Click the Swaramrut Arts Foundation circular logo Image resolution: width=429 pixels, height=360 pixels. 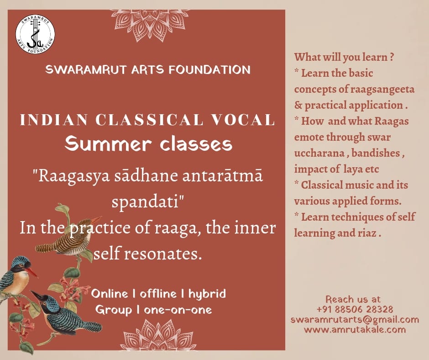(35, 34)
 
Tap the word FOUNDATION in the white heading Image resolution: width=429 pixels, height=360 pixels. (209, 69)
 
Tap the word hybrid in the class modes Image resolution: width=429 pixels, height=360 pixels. (207, 294)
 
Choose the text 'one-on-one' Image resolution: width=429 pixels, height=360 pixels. (178, 310)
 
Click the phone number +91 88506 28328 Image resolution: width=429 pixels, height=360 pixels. (355, 309)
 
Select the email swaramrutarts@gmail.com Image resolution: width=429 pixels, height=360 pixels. (355, 319)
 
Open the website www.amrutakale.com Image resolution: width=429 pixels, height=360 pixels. (355, 329)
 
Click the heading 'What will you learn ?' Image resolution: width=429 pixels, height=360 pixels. (344, 57)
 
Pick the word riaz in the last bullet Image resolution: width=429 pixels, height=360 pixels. (367, 233)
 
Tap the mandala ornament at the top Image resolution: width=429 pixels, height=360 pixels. (150, 25)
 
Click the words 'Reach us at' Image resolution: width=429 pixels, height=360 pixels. (353, 299)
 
